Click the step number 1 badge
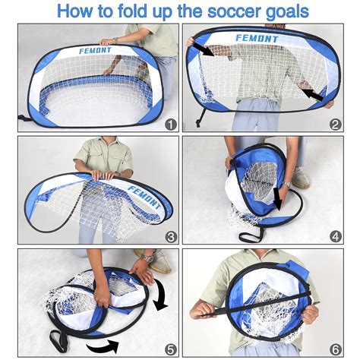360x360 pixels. pos(171,124)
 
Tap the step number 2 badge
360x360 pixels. pos(335,124)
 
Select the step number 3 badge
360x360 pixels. pos(171,236)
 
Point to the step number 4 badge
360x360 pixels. pos(335,236)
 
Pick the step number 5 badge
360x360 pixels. pos(171,349)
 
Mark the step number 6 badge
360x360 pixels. pos(335,349)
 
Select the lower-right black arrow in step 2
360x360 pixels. pos(311,93)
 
